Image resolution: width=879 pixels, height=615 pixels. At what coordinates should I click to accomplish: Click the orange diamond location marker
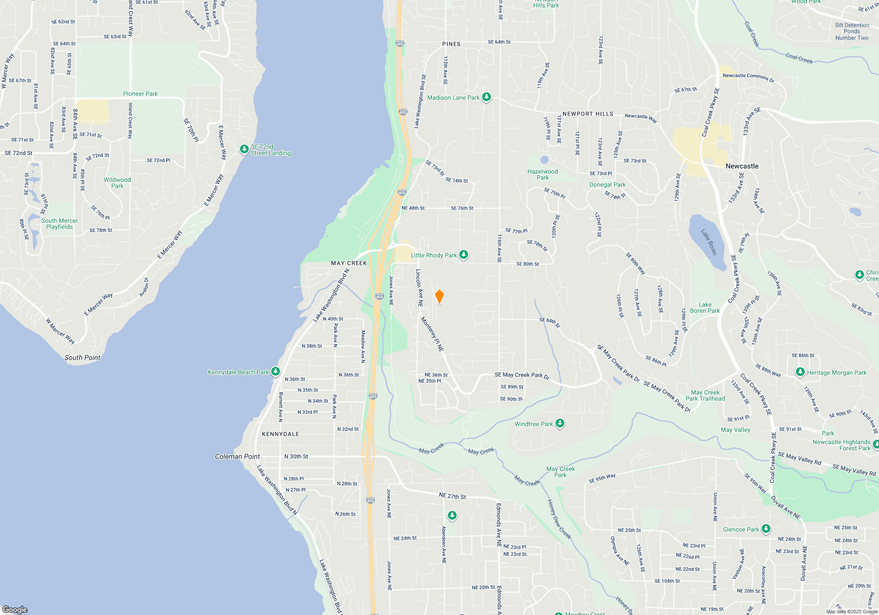[x=439, y=297]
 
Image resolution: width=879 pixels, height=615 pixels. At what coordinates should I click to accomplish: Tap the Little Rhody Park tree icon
[x=464, y=255]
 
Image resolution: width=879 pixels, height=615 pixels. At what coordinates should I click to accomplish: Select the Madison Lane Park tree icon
[x=486, y=97]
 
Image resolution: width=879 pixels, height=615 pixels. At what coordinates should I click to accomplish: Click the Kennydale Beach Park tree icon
[x=276, y=372]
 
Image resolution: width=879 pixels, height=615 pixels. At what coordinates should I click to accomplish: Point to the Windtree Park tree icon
[x=559, y=423]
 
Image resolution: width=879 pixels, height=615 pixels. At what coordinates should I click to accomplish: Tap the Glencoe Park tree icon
[x=766, y=529]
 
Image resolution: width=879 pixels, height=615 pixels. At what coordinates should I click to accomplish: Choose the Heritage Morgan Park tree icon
[x=800, y=372]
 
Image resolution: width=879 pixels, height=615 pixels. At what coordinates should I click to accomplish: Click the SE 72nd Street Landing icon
[x=244, y=149]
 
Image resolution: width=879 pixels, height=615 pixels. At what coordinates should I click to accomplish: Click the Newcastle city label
[x=742, y=166]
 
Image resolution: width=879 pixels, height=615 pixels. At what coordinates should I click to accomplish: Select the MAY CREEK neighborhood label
[x=349, y=263]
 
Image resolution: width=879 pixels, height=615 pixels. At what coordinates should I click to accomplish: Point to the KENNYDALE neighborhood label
[x=280, y=434]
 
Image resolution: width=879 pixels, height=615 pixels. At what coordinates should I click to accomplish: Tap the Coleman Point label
[x=237, y=456]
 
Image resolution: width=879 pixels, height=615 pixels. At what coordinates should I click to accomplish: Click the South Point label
[x=82, y=358]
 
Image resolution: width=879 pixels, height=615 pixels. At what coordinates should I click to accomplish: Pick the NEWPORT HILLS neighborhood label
[x=588, y=114]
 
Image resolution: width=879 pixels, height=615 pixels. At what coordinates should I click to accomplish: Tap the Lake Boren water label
[x=709, y=242]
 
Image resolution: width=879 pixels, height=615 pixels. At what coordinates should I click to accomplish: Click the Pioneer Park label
[x=140, y=94]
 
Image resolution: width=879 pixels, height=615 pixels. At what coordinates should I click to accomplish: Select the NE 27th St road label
[x=452, y=496]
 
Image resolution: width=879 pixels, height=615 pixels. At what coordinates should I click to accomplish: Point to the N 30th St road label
[x=296, y=456]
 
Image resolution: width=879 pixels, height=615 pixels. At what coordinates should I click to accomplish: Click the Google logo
[x=15, y=609]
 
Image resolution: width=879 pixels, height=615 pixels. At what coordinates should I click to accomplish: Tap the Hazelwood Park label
[x=543, y=174]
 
